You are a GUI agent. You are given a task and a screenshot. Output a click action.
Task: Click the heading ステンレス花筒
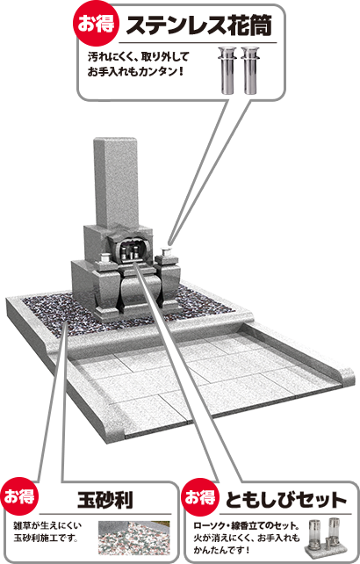pos(199,25)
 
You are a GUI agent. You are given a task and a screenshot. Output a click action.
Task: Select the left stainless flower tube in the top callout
pos(227,70)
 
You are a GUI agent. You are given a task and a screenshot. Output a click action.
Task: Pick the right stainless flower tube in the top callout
pos(249,70)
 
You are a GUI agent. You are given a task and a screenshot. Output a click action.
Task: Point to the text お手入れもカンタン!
pos(135,71)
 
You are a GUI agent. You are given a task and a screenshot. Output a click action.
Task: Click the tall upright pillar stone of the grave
pos(116,183)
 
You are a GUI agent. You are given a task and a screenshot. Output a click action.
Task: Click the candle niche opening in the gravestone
pos(132,249)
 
